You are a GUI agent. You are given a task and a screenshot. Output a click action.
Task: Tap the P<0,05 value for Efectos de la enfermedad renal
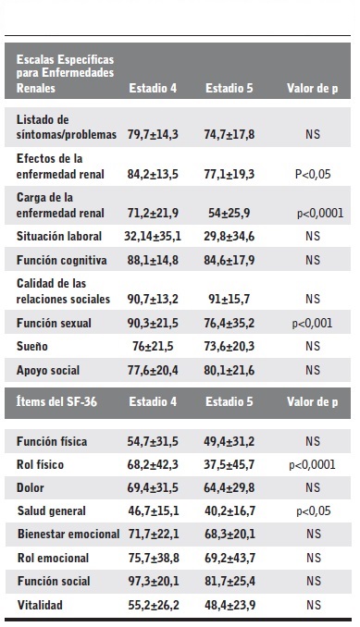click(312, 173)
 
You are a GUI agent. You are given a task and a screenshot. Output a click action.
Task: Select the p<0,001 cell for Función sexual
click(312, 323)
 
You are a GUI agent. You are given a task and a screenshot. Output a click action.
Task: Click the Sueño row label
click(34, 347)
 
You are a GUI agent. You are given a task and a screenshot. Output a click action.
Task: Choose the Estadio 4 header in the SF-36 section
click(152, 402)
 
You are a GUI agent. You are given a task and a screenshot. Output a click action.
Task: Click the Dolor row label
click(32, 487)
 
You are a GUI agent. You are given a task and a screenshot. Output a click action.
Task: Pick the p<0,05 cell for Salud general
click(312, 511)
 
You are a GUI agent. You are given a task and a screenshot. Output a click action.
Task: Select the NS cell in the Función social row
click(312, 583)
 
